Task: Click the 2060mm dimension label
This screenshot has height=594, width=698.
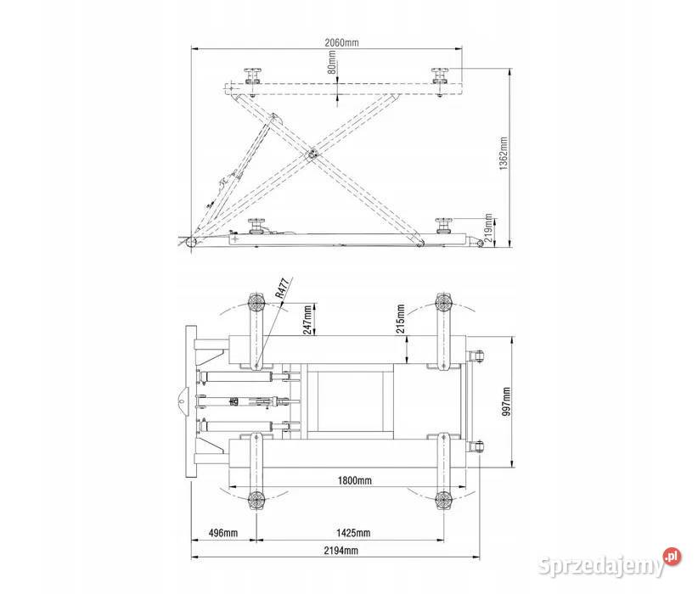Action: [341, 42]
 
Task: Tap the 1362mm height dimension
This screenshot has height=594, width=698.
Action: [503, 153]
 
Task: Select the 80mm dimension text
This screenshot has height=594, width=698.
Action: [332, 62]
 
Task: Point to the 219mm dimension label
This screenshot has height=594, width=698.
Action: [488, 227]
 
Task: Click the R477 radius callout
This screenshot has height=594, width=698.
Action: [282, 288]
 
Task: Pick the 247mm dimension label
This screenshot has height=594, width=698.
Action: [307, 319]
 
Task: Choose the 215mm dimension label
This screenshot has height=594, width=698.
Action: [400, 318]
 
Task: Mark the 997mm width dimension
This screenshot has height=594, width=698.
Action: [506, 401]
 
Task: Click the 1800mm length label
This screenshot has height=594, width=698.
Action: [354, 480]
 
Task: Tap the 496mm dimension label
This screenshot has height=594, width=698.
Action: [223, 533]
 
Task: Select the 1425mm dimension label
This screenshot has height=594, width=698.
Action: [353, 533]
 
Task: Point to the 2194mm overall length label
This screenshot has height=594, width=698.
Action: [341, 551]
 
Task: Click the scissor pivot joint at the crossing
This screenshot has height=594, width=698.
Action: [312, 154]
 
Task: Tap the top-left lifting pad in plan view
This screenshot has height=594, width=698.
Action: [256, 304]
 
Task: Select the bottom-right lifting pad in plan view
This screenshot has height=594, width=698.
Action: [443, 501]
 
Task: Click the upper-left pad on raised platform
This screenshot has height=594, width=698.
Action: [252, 76]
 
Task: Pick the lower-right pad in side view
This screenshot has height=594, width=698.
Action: [444, 225]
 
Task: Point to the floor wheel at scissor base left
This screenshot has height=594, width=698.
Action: [192, 244]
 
